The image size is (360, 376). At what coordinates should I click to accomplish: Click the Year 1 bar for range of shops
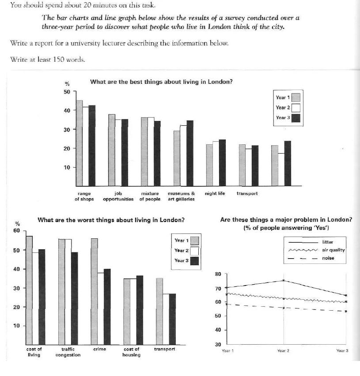coord(80,143)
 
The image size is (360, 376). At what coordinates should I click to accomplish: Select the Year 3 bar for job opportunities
coord(125,152)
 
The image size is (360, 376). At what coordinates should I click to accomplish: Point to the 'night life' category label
coord(215,193)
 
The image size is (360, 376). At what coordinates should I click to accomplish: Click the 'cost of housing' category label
coord(131,352)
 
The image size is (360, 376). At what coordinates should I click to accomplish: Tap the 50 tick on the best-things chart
coord(67,92)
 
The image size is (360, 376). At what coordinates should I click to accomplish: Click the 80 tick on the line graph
coord(218,274)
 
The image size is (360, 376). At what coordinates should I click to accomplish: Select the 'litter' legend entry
coord(328,242)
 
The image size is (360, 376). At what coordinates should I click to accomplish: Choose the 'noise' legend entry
coord(328,258)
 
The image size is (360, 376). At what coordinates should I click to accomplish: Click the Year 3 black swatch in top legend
coord(296,118)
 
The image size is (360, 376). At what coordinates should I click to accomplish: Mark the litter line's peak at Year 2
coord(283,280)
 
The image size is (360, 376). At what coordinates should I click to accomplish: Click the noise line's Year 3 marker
coord(345,311)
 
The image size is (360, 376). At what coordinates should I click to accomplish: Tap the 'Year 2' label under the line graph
coord(283,351)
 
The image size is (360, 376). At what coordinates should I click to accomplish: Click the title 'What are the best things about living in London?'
coord(161,82)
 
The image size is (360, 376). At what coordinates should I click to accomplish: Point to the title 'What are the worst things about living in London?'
coord(111,220)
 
